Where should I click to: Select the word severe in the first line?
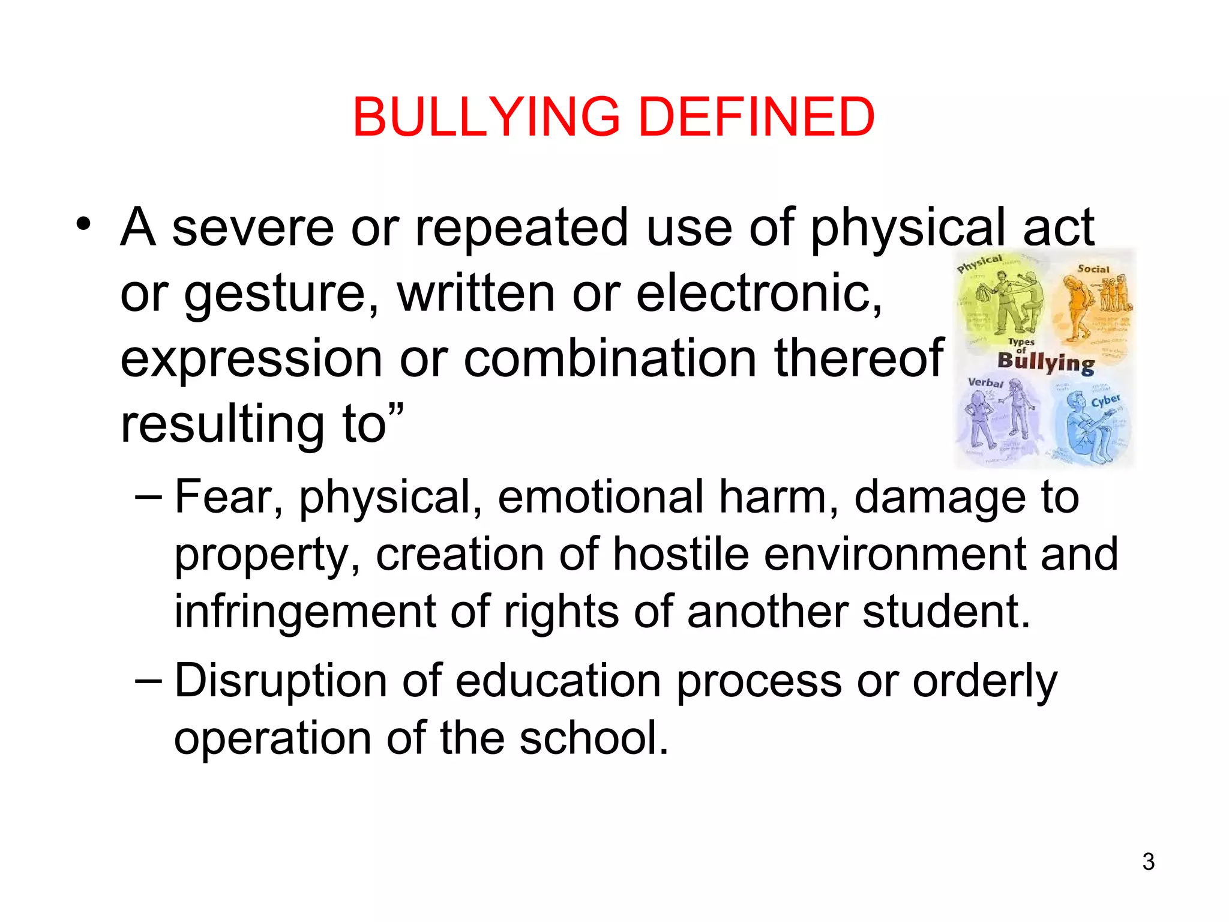coord(253,228)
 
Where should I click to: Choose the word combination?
coord(610,358)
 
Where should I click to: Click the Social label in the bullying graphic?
coord(1093,269)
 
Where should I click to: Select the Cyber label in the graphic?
coord(1105,400)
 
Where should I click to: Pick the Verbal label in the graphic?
coord(985,382)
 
